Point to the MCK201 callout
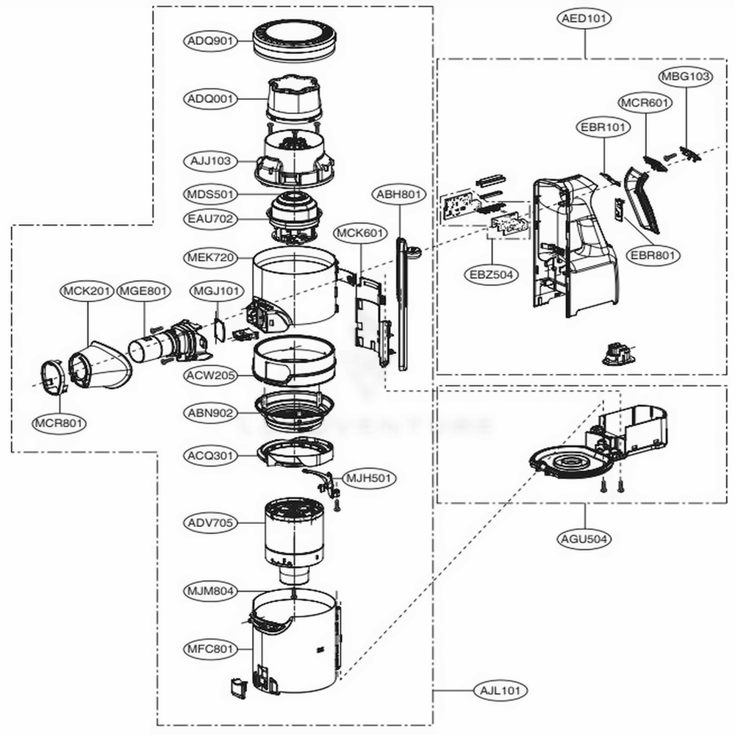86,291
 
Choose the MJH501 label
370,478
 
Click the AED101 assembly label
585,20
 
